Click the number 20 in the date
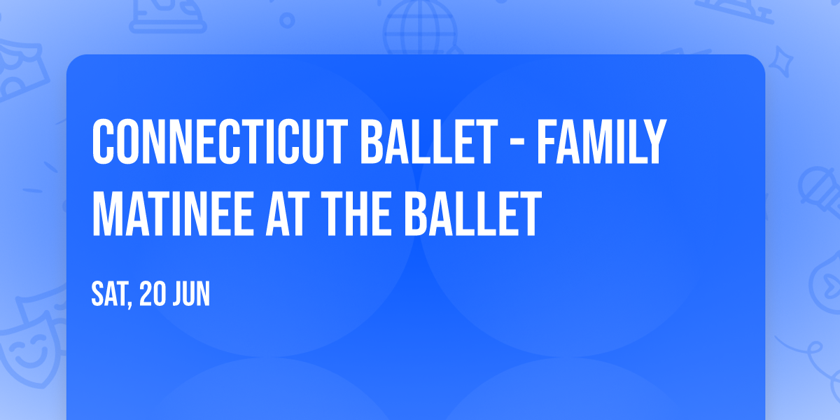click(x=153, y=295)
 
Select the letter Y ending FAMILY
click(x=654, y=143)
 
